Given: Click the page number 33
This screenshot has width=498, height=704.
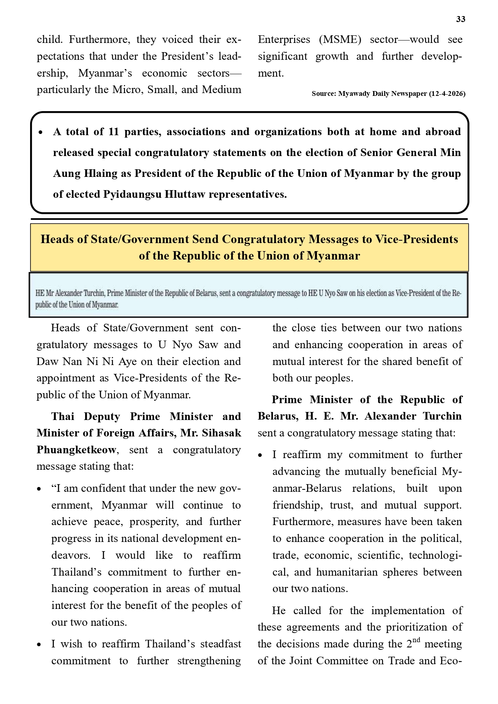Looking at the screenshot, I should [460, 19].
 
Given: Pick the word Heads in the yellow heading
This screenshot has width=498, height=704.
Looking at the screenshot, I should [57, 239].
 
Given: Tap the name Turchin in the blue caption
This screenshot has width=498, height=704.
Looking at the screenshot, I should [94, 293].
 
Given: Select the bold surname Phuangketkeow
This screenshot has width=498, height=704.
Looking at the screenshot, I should [76, 450].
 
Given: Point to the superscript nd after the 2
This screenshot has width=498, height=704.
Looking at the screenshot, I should [416, 640].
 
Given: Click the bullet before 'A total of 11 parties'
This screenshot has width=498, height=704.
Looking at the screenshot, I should [41, 132].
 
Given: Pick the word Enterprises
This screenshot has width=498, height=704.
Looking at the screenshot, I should [284, 40].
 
